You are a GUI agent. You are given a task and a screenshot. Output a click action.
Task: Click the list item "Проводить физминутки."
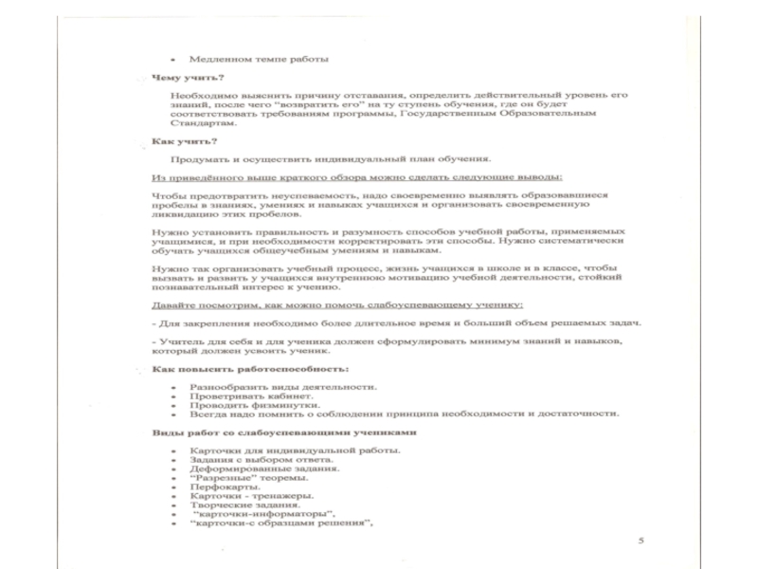coord(243,405)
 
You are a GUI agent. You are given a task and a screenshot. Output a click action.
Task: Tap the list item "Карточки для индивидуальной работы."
coord(281,450)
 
